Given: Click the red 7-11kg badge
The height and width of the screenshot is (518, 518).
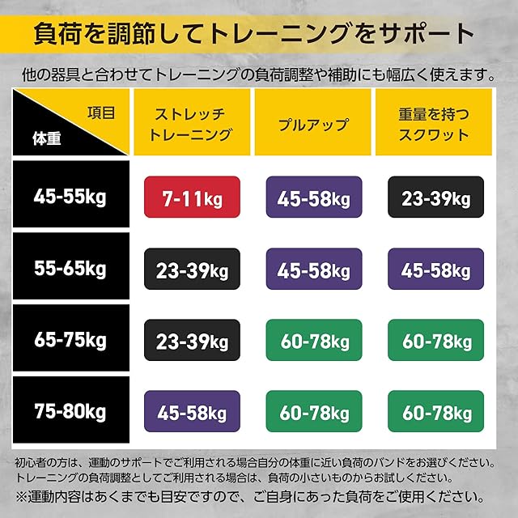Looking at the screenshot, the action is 192,197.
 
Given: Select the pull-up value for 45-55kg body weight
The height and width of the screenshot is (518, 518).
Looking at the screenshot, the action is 314,197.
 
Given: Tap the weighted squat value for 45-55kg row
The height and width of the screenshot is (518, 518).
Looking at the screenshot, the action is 435,197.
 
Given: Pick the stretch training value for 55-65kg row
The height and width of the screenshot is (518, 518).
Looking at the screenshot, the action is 192,269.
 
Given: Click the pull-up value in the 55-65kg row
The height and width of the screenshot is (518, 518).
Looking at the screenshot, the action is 314,269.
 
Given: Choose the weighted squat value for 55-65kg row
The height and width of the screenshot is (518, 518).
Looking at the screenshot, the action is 435,269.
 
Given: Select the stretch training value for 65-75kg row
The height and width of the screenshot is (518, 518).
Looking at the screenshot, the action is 192,340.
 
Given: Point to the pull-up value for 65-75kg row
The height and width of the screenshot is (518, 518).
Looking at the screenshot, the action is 314,340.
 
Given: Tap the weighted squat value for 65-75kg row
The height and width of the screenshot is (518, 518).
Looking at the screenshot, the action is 435,340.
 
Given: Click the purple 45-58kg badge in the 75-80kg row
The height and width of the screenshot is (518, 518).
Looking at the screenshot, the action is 192,411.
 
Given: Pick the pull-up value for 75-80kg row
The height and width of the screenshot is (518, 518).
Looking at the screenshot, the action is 314,411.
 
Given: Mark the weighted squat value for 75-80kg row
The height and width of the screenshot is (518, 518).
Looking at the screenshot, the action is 435,411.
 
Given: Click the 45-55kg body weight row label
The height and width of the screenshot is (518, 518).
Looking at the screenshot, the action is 70,197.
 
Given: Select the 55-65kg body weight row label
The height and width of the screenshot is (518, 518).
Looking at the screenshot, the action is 70,269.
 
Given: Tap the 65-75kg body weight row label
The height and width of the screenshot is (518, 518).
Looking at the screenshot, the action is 70,340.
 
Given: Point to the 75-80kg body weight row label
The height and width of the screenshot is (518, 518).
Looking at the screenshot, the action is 70,412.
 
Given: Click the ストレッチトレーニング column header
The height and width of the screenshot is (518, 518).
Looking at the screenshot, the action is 190,124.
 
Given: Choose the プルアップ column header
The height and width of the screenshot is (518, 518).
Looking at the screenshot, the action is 313,125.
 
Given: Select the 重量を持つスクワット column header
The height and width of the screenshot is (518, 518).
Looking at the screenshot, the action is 434,124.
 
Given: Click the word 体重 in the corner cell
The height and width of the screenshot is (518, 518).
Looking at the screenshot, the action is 47,138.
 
